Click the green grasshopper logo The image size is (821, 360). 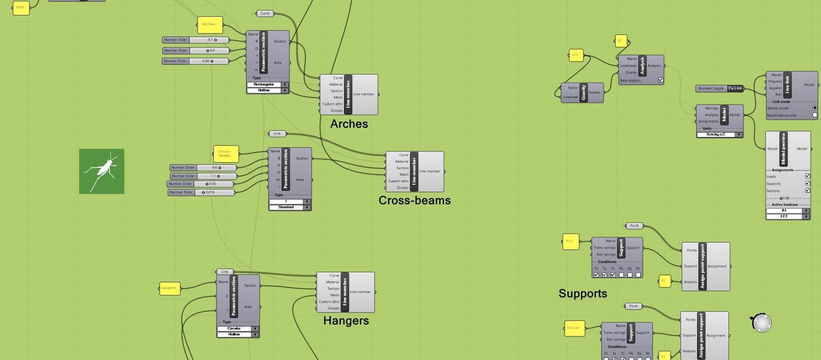coord(102,171)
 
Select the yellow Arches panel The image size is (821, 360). coord(210,25)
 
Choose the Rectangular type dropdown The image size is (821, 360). coord(267,85)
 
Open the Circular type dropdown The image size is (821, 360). coord(237,329)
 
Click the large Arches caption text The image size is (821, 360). coord(349,124)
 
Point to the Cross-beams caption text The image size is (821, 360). coord(415,200)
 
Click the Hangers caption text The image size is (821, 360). coord(346,321)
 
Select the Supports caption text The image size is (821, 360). coord(583,294)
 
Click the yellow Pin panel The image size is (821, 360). coord(570,241)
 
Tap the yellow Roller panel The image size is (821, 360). coord(573,328)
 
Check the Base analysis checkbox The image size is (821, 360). coord(661,80)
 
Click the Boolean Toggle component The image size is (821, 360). coord(720,89)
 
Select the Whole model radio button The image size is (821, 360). coord(815,108)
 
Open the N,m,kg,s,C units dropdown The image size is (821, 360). coord(719,135)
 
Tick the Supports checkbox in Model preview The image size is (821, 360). coord(807,183)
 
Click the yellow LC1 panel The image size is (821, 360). coord(575,55)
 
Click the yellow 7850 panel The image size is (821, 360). coord(20,8)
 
